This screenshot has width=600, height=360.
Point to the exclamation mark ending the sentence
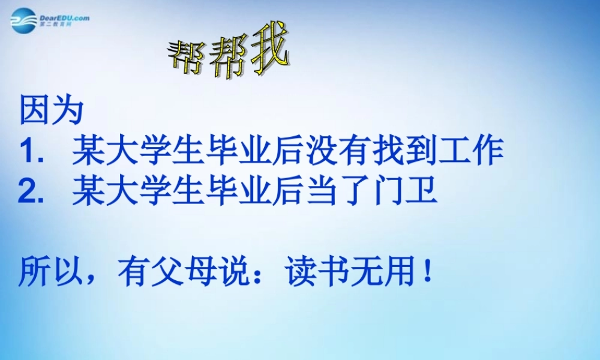tap(427, 273)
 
